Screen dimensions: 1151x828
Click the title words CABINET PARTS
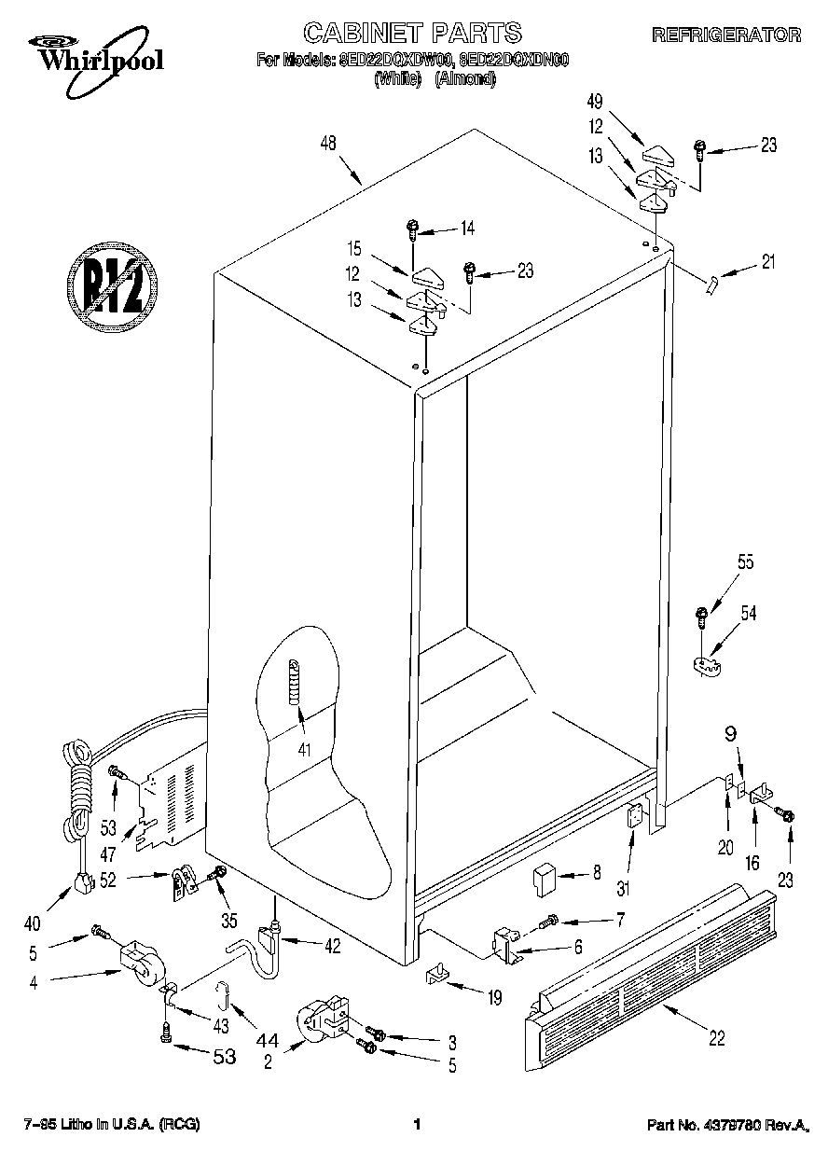pyautogui.click(x=413, y=34)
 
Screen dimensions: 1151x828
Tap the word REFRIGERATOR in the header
pyautogui.click(x=725, y=35)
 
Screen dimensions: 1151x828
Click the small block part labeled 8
pyautogui.click(x=544, y=878)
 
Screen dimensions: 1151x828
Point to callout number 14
pyautogui.click(x=467, y=228)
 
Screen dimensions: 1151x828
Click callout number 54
pyautogui.click(x=748, y=613)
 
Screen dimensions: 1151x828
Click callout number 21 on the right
pyautogui.click(x=767, y=262)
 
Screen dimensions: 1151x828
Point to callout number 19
pyautogui.click(x=493, y=998)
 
